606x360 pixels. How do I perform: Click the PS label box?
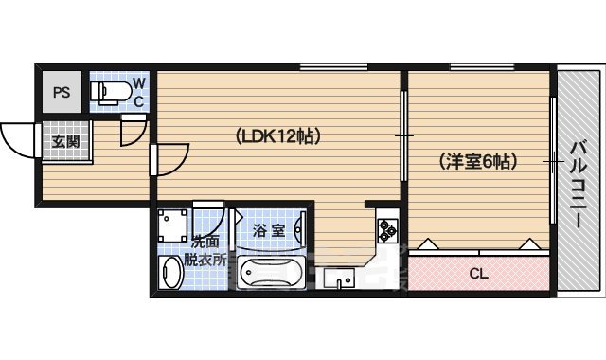pyautogui.click(x=62, y=93)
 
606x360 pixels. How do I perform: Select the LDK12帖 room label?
pyautogui.click(x=278, y=136)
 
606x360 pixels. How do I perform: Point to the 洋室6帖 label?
pyautogui.click(x=478, y=161)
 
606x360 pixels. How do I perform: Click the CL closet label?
pyautogui.click(x=479, y=275)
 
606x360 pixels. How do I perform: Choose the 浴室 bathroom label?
pyautogui.click(x=269, y=230)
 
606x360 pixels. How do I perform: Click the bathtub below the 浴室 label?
pyautogui.click(x=269, y=275)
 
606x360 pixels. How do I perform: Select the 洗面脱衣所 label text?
pyautogui.click(x=204, y=250)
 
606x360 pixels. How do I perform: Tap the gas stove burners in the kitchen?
pyautogui.click(x=387, y=228)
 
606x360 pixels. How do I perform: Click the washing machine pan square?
pyautogui.click(x=174, y=225)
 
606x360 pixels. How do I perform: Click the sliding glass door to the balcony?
pyautogui.click(x=552, y=161)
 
